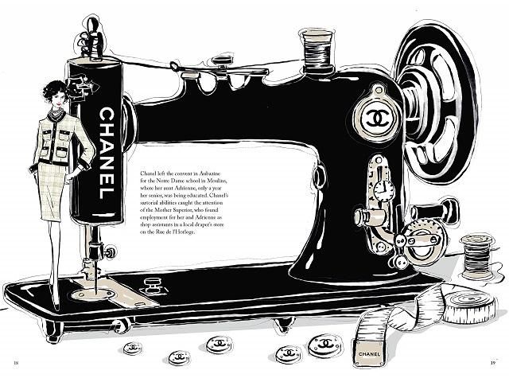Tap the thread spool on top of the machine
pos(317,49)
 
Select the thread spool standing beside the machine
pos(476,257)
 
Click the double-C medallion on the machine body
pos(376,118)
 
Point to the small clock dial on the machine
pos(383,190)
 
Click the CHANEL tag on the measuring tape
pos(369,353)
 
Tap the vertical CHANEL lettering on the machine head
pos(107,154)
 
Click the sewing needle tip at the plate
pos(96,292)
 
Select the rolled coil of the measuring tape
pos(469,305)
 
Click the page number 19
pos(493,363)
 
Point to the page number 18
pos(16,363)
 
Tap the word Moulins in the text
pos(219,181)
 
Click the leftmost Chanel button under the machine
pos(133,348)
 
